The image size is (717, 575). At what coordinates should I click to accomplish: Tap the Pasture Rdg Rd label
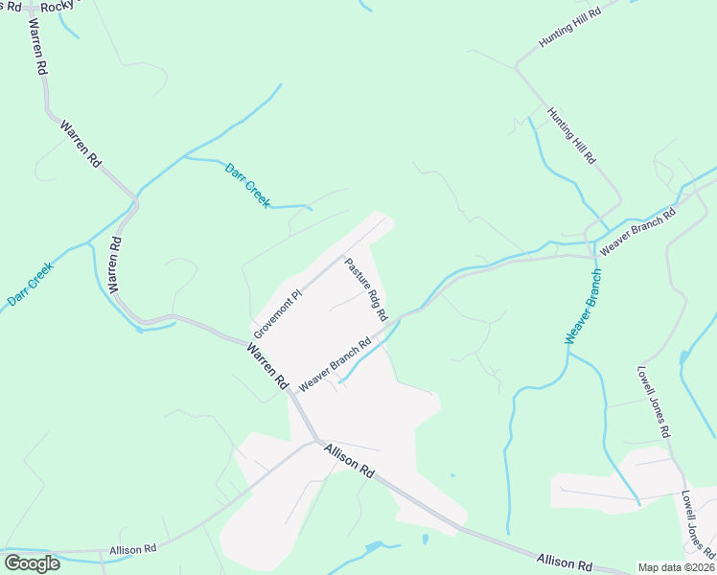tap(366, 288)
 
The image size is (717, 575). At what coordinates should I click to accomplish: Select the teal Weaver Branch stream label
tap(584, 307)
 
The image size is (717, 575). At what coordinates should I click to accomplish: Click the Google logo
tap(32, 563)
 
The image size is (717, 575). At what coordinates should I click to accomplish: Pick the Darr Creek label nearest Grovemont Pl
tap(247, 186)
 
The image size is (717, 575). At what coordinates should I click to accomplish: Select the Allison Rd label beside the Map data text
tap(565, 563)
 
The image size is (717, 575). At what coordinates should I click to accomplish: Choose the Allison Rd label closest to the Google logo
tap(133, 550)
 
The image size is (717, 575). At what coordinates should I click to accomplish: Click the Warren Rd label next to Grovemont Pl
tap(267, 367)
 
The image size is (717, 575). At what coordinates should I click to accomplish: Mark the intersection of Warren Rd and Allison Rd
tap(316, 441)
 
